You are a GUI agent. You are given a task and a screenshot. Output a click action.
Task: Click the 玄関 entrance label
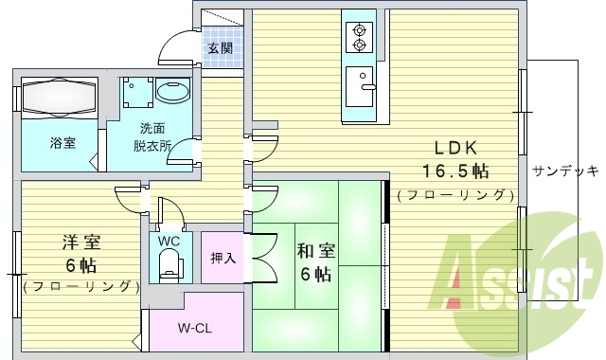(x=221, y=47)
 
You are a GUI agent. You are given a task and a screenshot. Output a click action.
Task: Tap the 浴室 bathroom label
(x=62, y=143)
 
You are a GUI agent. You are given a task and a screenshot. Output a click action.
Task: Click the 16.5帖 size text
(x=455, y=171)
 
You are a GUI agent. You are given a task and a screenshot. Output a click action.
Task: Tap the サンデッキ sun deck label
(x=564, y=171)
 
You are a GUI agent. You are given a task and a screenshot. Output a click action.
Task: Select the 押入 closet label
(x=223, y=256)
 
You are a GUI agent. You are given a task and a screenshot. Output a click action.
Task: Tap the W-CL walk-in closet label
(x=194, y=328)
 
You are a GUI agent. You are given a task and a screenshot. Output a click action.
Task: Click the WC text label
(x=169, y=241)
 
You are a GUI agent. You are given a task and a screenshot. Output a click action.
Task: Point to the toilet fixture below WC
(x=169, y=267)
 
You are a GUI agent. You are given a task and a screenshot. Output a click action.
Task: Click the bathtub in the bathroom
(x=58, y=97)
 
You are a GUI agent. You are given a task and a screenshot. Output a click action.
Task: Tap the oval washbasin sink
(x=172, y=93)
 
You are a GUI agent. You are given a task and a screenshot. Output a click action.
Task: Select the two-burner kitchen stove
(x=359, y=36)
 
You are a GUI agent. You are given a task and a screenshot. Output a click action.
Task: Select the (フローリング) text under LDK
(x=455, y=195)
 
